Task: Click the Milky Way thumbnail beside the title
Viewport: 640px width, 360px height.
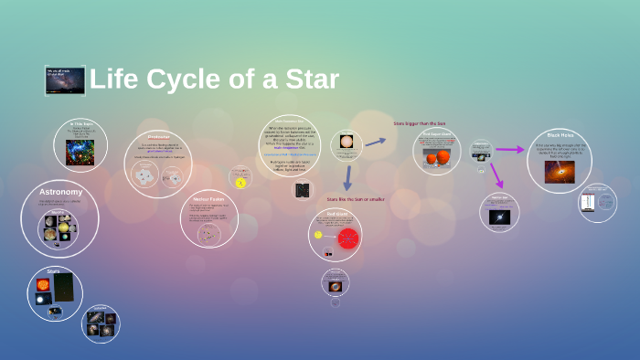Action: [65, 80]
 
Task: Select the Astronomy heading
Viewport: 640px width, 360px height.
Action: [61, 192]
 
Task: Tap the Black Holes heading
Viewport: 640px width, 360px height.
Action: [560, 134]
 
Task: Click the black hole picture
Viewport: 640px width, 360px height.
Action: [560, 172]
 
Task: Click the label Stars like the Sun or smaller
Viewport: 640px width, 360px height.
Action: [355, 198]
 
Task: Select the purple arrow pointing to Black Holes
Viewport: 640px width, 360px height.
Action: [510, 149]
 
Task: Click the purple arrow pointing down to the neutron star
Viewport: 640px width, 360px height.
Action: [496, 175]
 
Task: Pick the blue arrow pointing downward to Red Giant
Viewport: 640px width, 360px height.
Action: [347, 177]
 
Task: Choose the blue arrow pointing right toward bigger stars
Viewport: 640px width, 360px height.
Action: [375, 142]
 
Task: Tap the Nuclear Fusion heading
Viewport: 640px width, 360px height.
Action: [208, 198]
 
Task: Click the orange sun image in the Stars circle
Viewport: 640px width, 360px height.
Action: [42, 285]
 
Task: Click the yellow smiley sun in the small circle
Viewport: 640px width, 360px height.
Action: [240, 183]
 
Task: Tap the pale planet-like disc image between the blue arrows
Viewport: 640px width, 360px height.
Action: [346, 142]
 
